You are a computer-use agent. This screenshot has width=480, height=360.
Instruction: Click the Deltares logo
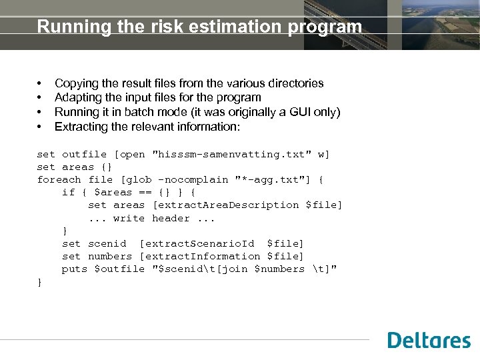429,341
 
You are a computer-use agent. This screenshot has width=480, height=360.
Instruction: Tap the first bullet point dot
40,84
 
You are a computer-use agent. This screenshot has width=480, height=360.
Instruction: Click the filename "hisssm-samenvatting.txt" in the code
233,154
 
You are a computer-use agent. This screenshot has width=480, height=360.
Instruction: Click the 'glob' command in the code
137,179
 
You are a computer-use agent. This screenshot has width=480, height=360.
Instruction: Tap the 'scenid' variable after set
107,243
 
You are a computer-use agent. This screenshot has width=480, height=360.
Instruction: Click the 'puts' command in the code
74,269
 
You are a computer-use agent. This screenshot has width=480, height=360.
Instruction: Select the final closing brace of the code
40,282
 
